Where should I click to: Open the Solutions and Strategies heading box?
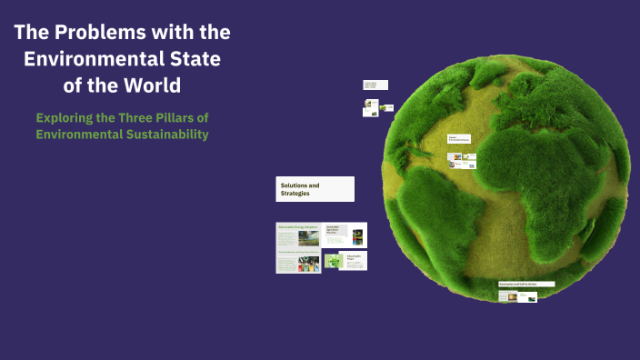[315, 189]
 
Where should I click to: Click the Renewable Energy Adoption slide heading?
[297, 227]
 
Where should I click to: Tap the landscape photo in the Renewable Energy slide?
[307, 239]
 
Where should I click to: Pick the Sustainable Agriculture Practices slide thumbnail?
[345, 235]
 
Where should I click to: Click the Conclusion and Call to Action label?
[525, 285]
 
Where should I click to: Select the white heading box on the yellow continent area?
[460, 140]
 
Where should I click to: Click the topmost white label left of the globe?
[375, 85]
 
